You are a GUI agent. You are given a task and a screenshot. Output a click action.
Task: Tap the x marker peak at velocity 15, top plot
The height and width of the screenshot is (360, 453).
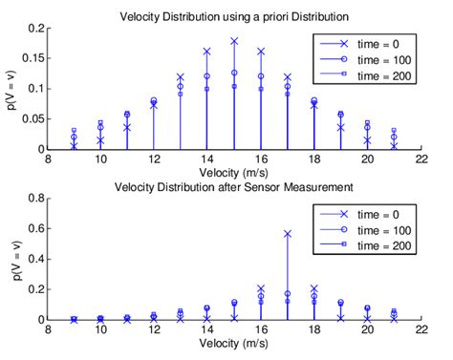[234, 41]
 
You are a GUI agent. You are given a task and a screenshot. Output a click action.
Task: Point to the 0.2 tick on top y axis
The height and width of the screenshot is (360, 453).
[36, 29]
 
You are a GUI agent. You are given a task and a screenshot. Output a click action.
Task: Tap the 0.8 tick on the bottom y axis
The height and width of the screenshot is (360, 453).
[36, 199]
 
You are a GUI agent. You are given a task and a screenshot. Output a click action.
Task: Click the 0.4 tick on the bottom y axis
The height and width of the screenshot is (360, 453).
[36, 259]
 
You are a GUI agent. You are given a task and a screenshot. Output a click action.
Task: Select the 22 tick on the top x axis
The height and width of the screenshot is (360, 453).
[421, 159]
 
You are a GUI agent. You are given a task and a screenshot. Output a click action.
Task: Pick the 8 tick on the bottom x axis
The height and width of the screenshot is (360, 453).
[47, 329]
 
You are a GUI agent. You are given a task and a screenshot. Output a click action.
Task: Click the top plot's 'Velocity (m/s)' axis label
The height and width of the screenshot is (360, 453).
[233, 172]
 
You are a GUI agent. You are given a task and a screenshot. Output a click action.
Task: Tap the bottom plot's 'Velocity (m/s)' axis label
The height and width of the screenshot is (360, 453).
[233, 344]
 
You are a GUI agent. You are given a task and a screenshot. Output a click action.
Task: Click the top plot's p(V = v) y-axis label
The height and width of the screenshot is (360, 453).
[11, 89]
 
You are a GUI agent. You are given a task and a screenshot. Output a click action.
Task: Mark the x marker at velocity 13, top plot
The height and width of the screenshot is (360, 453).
[181, 77]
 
